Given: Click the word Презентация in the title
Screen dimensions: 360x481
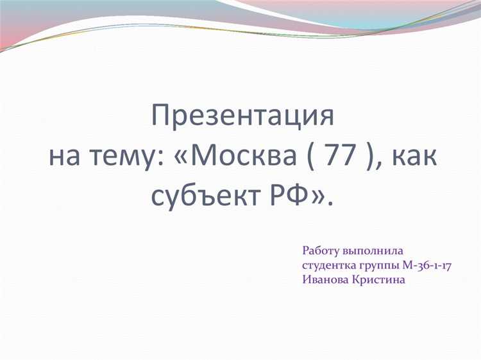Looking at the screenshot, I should pyautogui.click(x=242, y=117).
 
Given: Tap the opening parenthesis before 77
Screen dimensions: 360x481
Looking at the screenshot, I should pyautogui.click(x=314, y=157).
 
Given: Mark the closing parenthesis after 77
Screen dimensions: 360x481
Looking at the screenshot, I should pyautogui.click(x=368, y=157).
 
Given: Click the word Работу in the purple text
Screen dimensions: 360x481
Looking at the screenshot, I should pyautogui.click(x=321, y=251).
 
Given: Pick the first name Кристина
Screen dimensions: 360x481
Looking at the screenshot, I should pyautogui.click(x=379, y=280).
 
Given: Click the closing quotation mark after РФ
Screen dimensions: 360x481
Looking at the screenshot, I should pyautogui.click(x=318, y=195).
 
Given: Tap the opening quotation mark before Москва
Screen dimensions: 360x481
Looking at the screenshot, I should pyautogui.click(x=181, y=157).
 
